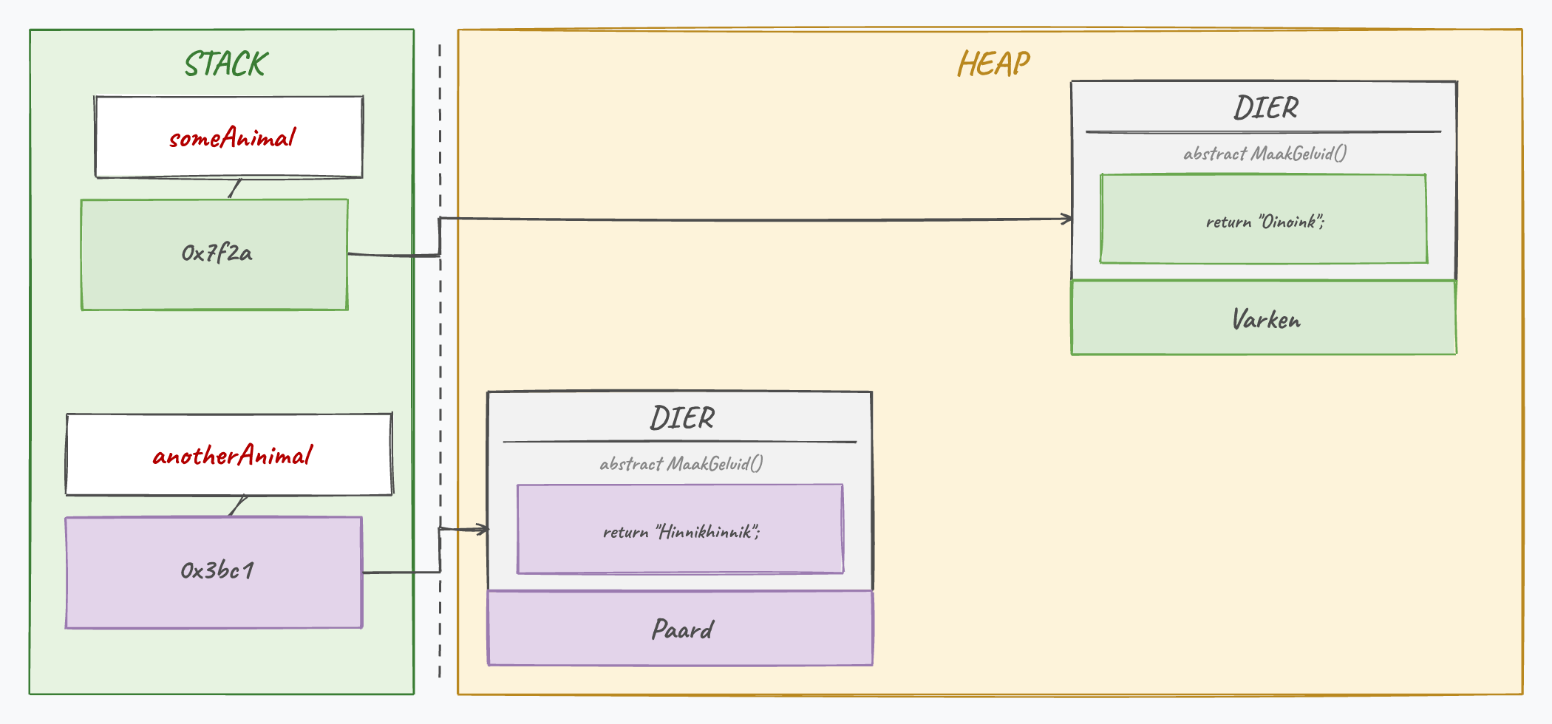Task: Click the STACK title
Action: [226, 64]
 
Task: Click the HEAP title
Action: [993, 64]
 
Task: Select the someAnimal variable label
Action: [232, 137]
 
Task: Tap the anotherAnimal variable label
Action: [233, 455]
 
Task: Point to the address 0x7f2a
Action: [217, 253]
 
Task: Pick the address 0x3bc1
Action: [217, 570]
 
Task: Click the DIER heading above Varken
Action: [1265, 108]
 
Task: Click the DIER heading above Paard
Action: [682, 418]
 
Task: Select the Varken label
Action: [1266, 319]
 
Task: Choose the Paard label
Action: [682, 629]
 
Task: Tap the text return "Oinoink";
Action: [1265, 222]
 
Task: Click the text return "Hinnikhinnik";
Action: [681, 532]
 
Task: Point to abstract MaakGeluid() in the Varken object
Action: [1265, 154]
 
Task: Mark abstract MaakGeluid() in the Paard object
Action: [681, 464]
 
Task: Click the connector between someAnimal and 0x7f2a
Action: [235, 188]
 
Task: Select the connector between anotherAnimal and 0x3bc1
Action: [238, 506]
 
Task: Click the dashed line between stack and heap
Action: [440, 361]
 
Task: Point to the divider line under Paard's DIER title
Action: [680, 442]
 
